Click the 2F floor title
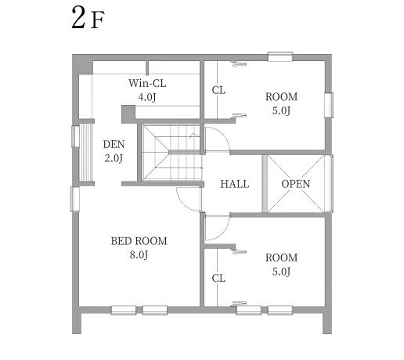click(x=88, y=18)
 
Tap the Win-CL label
click(x=147, y=83)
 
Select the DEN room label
click(x=114, y=144)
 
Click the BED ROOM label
click(x=139, y=241)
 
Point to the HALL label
click(x=235, y=184)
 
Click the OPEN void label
click(x=296, y=184)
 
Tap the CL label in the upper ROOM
click(x=218, y=91)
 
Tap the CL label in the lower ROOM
click(x=218, y=279)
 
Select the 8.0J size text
click(x=139, y=255)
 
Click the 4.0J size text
click(x=147, y=97)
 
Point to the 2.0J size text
click(x=114, y=158)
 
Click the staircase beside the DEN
click(x=171, y=153)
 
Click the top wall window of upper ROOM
click(x=280, y=56)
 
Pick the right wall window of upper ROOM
click(x=329, y=105)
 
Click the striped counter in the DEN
click(x=85, y=153)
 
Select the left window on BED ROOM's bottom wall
click(x=123, y=310)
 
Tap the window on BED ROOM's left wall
click(x=75, y=199)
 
